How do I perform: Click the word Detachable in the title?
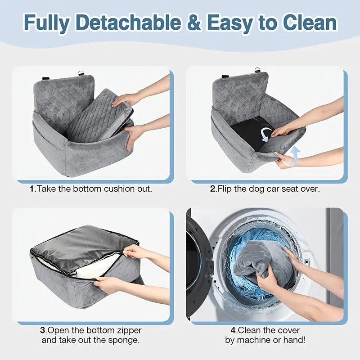[129, 22]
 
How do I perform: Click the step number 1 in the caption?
[32, 189]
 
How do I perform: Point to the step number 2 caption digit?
[213, 189]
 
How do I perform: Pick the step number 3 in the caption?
[42, 330]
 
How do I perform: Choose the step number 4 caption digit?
[233, 330]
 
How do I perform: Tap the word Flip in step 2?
[225, 189]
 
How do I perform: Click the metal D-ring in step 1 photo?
[81, 73]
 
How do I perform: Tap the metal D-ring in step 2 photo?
[257, 70]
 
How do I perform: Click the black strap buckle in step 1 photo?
[46, 78]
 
